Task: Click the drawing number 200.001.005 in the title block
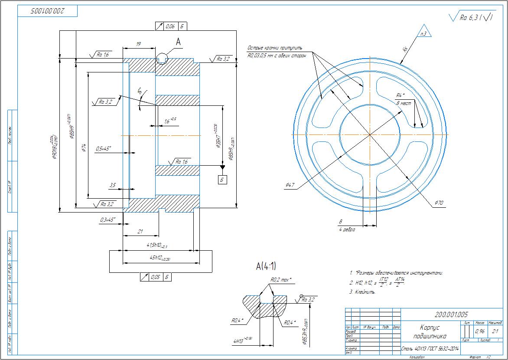[451, 314]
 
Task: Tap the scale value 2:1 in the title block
[495, 331]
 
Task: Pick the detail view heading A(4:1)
[267, 266]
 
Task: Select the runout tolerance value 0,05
[155, 277]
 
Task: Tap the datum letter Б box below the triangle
[222, 179]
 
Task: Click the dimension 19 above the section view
[138, 44]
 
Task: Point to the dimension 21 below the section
[140, 232]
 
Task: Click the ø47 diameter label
[290, 186]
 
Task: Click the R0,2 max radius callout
[281, 280]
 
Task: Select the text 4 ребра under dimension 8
[347, 229]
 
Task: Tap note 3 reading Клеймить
[362, 292]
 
